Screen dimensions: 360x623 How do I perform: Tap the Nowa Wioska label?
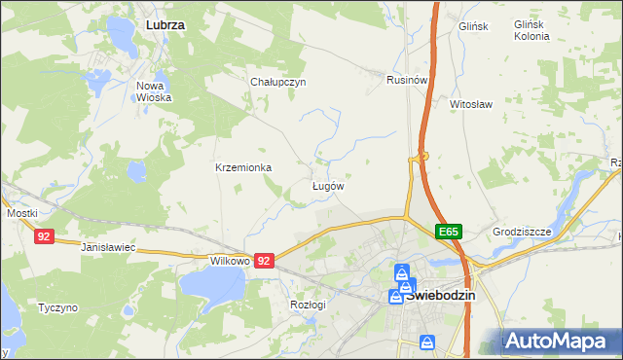point(154,91)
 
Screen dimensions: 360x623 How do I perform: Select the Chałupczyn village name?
point(278,82)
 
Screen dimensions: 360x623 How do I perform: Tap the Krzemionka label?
point(243,167)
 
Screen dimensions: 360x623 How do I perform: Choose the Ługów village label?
point(327,185)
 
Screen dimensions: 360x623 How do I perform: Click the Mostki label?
point(21,212)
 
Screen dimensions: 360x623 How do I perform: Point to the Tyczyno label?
point(57,307)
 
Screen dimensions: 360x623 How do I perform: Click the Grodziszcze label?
point(522,232)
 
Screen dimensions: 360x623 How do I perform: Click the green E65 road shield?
point(448,232)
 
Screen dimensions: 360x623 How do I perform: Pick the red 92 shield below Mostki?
point(43,236)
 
